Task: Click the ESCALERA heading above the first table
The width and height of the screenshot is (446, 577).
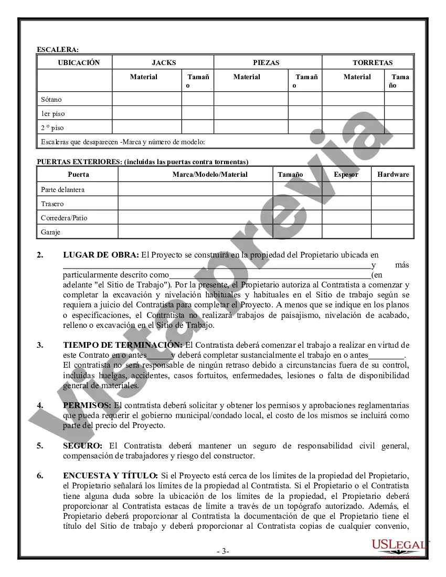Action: click(x=58, y=49)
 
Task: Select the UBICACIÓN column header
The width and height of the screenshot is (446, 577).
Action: click(x=79, y=62)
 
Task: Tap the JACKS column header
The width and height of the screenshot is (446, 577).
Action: click(x=164, y=62)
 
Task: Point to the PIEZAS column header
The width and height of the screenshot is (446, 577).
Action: click(x=266, y=62)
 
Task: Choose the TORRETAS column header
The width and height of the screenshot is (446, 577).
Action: click(x=373, y=62)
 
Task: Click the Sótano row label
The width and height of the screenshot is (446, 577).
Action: click(x=51, y=99)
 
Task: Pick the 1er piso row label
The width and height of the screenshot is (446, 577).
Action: click(x=53, y=113)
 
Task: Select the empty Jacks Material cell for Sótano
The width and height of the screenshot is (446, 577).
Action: click(x=147, y=99)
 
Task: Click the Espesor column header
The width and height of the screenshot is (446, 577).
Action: click(x=346, y=174)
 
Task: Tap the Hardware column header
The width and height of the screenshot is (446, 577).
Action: click(x=393, y=174)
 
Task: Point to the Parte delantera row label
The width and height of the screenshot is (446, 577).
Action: click(x=62, y=189)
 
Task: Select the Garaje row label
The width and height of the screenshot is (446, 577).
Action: click(x=51, y=232)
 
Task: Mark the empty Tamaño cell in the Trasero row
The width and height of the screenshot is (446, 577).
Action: click(x=297, y=204)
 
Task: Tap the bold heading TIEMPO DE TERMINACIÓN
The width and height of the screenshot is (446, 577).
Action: click(x=123, y=345)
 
